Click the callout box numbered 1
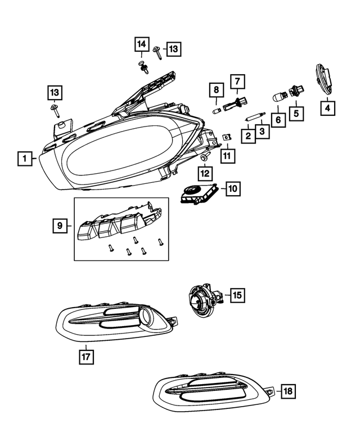(x=24, y=159)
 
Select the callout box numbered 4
(x=327, y=106)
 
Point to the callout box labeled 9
(x=58, y=226)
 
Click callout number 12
(x=205, y=173)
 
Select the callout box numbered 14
(x=141, y=44)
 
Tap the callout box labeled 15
(x=236, y=294)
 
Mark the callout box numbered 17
(x=86, y=356)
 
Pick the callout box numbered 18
(x=287, y=391)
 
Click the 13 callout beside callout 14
(x=172, y=49)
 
